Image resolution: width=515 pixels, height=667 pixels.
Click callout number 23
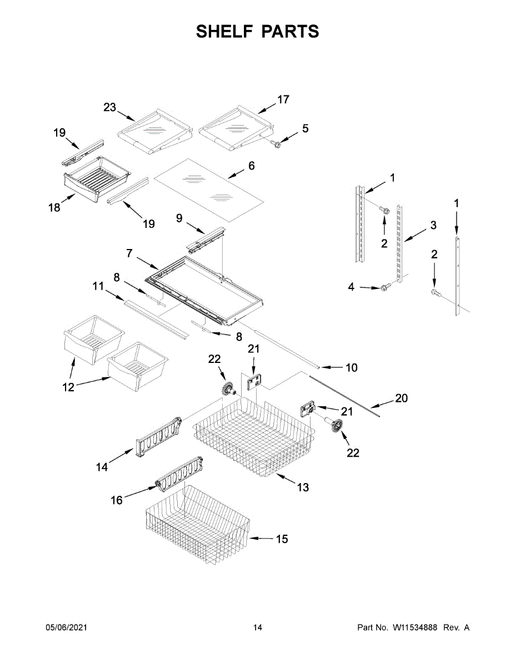[x=110, y=107]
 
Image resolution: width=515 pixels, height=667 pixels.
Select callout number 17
[x=283, y=99]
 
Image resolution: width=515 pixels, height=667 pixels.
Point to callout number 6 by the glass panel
[x=251, y=166]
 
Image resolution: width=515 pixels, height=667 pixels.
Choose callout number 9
[x=179, y=218]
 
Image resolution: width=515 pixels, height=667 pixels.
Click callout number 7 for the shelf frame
[x=129, y=253]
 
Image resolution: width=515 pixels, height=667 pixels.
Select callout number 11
[x=98, y=286]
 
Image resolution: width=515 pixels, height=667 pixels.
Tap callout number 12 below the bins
[x=68, y=387]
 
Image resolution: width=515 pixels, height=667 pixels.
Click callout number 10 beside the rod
[x=351, y=367]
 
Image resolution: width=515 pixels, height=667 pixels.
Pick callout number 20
[x=401, y=398]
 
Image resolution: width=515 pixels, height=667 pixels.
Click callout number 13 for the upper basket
[x=303, y=487]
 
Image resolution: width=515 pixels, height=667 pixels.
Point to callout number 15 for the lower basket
[x=282, y=539]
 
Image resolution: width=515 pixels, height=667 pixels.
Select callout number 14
[x=102, y=467]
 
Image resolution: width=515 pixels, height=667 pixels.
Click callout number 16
[x=117, y=500]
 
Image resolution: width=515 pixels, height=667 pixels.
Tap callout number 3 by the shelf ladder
[x=433, y=226]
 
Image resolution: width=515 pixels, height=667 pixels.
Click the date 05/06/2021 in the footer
[x=66, y=628]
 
